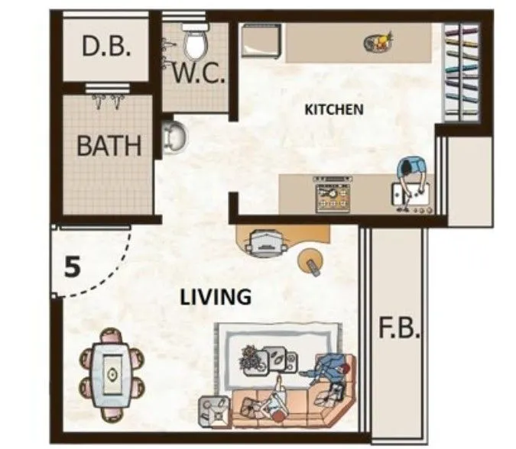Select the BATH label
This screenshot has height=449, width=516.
[109, 145]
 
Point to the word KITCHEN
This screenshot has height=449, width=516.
[334, 109]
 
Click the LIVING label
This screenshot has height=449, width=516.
[216, 296]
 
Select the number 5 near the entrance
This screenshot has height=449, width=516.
[72, 267]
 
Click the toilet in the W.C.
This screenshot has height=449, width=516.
[196, 42]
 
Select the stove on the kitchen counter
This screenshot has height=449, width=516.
[333, 195]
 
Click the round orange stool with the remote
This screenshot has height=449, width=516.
[310, 261]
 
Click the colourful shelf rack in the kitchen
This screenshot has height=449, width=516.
[461, 75]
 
